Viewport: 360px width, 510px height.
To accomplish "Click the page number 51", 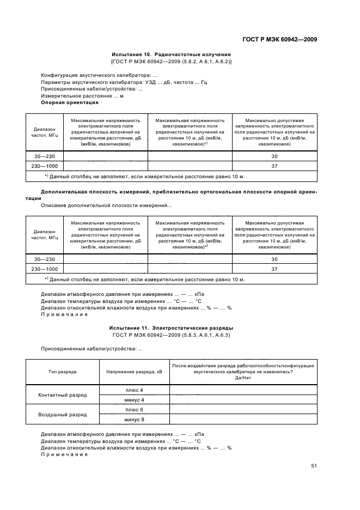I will click(314, 466).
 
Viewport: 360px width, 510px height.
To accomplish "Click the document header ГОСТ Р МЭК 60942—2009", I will click(279, 39).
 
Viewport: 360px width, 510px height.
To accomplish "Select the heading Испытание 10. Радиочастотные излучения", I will click(171, 54).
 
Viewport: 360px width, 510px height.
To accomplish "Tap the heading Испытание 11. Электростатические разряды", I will click(171, 329).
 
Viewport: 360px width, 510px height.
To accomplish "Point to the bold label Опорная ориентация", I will click(70, 102).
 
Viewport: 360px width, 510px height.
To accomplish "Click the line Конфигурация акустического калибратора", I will click(100, 75).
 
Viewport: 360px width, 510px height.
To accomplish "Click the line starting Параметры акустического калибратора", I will click(124, 82).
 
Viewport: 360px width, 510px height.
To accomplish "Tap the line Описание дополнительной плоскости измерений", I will click(106, 205).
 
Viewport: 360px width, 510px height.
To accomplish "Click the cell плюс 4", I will click(134, 390).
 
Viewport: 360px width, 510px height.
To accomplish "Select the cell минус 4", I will click(134, 399).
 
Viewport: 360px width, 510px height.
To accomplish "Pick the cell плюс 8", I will click(134, 409).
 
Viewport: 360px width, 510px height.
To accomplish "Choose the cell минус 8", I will click(134, 419).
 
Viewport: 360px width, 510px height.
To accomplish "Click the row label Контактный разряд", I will click(62, 394).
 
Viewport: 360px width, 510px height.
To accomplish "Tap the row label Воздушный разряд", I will click(62, 414).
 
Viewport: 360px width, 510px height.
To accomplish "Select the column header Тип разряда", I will click(62, 372).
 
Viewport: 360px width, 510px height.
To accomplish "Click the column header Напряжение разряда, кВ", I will click(134, 372).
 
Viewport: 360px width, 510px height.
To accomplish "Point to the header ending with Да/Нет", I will click(242, 372).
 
